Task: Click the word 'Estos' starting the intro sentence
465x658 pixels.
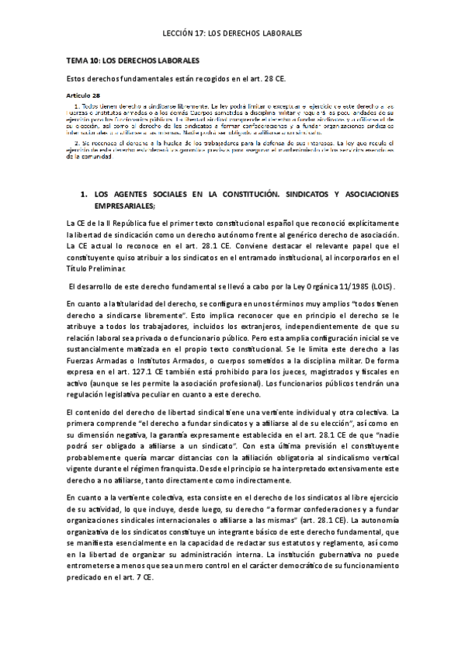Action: tap(80, 78)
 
